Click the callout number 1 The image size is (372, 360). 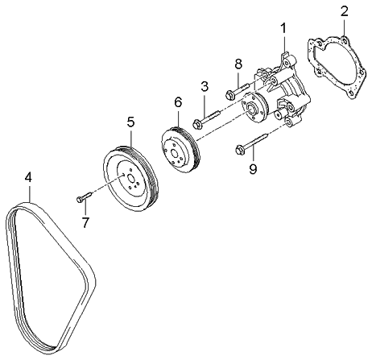(x=283, y=30)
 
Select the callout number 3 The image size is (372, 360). (x=205, y=86)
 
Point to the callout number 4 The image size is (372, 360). (x=27, y=176)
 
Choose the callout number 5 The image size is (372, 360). (x=130, y=122)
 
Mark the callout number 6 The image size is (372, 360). (x=178, y=102)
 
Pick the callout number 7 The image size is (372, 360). (x=85, y=220)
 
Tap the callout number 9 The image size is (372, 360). (x=252, y=168)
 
